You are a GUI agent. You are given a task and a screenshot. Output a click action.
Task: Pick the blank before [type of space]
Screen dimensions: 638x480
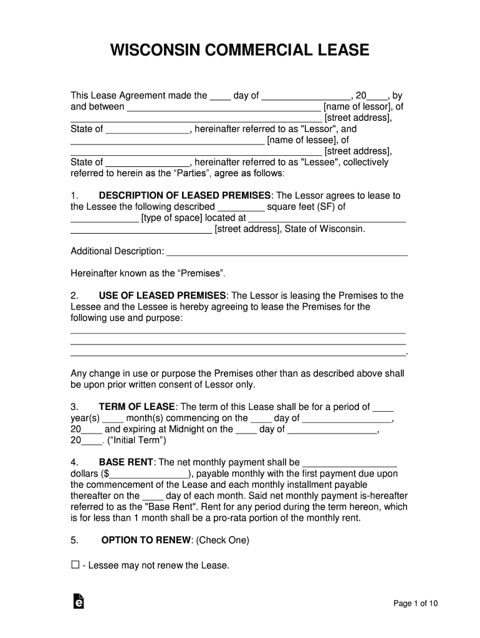pos(104,219)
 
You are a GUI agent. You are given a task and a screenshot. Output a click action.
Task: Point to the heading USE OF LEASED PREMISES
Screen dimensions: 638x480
pos(162,295)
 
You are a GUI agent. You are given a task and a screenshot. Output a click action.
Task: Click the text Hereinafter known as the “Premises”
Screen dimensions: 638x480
pos(148,274)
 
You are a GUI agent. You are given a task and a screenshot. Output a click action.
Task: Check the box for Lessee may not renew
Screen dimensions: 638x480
pos(75,565)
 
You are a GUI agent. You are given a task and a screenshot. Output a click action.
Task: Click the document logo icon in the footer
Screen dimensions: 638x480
pos(79,601)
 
